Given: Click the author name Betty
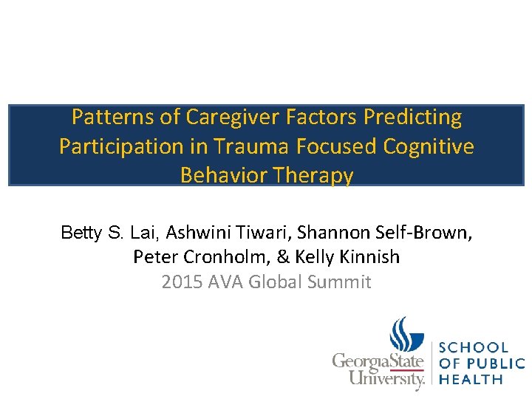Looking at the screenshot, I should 83,233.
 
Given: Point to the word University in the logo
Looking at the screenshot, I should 378,379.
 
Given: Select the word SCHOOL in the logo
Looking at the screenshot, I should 474,347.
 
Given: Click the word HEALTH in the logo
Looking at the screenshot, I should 471,379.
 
